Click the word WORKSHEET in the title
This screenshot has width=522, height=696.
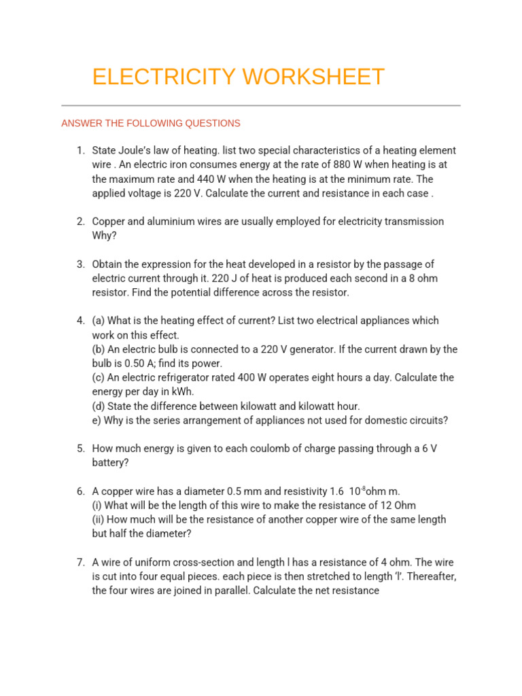(314, 77)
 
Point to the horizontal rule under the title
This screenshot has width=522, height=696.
(261, 105)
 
